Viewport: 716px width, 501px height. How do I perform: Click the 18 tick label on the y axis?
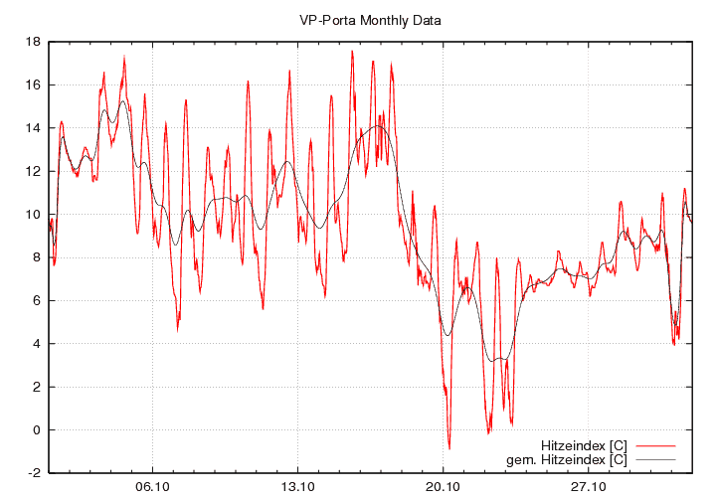(x=33, y=42)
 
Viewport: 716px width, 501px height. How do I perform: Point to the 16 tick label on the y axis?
(x=33, y=85)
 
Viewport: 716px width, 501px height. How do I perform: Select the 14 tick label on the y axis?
(x=33, y=128)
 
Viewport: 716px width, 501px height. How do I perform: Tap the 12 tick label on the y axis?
(x=33, y=171)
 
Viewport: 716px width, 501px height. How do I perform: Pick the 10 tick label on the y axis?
(x=33, y=215)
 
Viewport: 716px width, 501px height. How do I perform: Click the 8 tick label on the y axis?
(x=36, y=257)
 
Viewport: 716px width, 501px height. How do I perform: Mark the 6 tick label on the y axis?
(x=36, y=301)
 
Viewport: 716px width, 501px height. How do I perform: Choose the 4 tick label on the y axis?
(x=36, y=344)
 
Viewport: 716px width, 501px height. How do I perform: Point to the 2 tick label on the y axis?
(x=36, y=387)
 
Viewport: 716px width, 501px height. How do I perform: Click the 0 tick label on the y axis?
(x=36, y=430)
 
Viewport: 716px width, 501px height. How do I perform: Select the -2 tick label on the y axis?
(x=34, y=473)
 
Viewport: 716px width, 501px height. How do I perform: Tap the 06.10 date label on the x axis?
(x=152, y=487)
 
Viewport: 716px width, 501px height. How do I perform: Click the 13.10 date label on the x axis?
(x=297, y=487)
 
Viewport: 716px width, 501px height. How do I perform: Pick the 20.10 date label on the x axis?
(x=443, y=487)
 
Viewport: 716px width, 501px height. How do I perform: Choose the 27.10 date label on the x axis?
(x=588, y=487)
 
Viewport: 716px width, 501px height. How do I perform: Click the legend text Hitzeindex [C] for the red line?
(x=584, y=444)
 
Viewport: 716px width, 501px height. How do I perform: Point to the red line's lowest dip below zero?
(x=448, y=448)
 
